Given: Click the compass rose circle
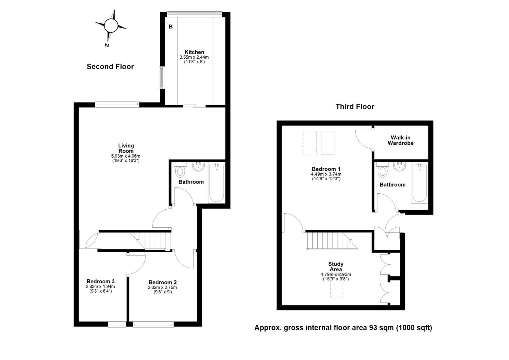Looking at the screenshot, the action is point(111,25).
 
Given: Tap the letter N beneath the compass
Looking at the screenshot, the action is point(107,45).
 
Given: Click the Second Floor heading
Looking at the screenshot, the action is point(110,67).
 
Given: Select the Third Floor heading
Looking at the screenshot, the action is point(355,107).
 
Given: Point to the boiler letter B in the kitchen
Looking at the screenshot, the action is point(171,27).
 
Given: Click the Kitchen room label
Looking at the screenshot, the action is point(194,52).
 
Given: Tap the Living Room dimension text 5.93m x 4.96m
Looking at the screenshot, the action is point(126,156).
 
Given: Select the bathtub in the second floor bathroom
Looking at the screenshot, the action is point(217,183).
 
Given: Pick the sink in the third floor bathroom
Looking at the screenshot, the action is point(399,166).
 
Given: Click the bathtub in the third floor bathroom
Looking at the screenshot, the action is point(419,183).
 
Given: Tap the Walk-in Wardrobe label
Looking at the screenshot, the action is point(401,140).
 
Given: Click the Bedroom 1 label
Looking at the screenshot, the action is point(326,169).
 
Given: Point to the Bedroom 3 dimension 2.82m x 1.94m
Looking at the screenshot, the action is point(100,287).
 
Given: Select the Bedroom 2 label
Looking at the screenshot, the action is point(163,282).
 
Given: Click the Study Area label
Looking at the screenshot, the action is point(336,267).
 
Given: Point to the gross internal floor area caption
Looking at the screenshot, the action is point(343,328).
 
